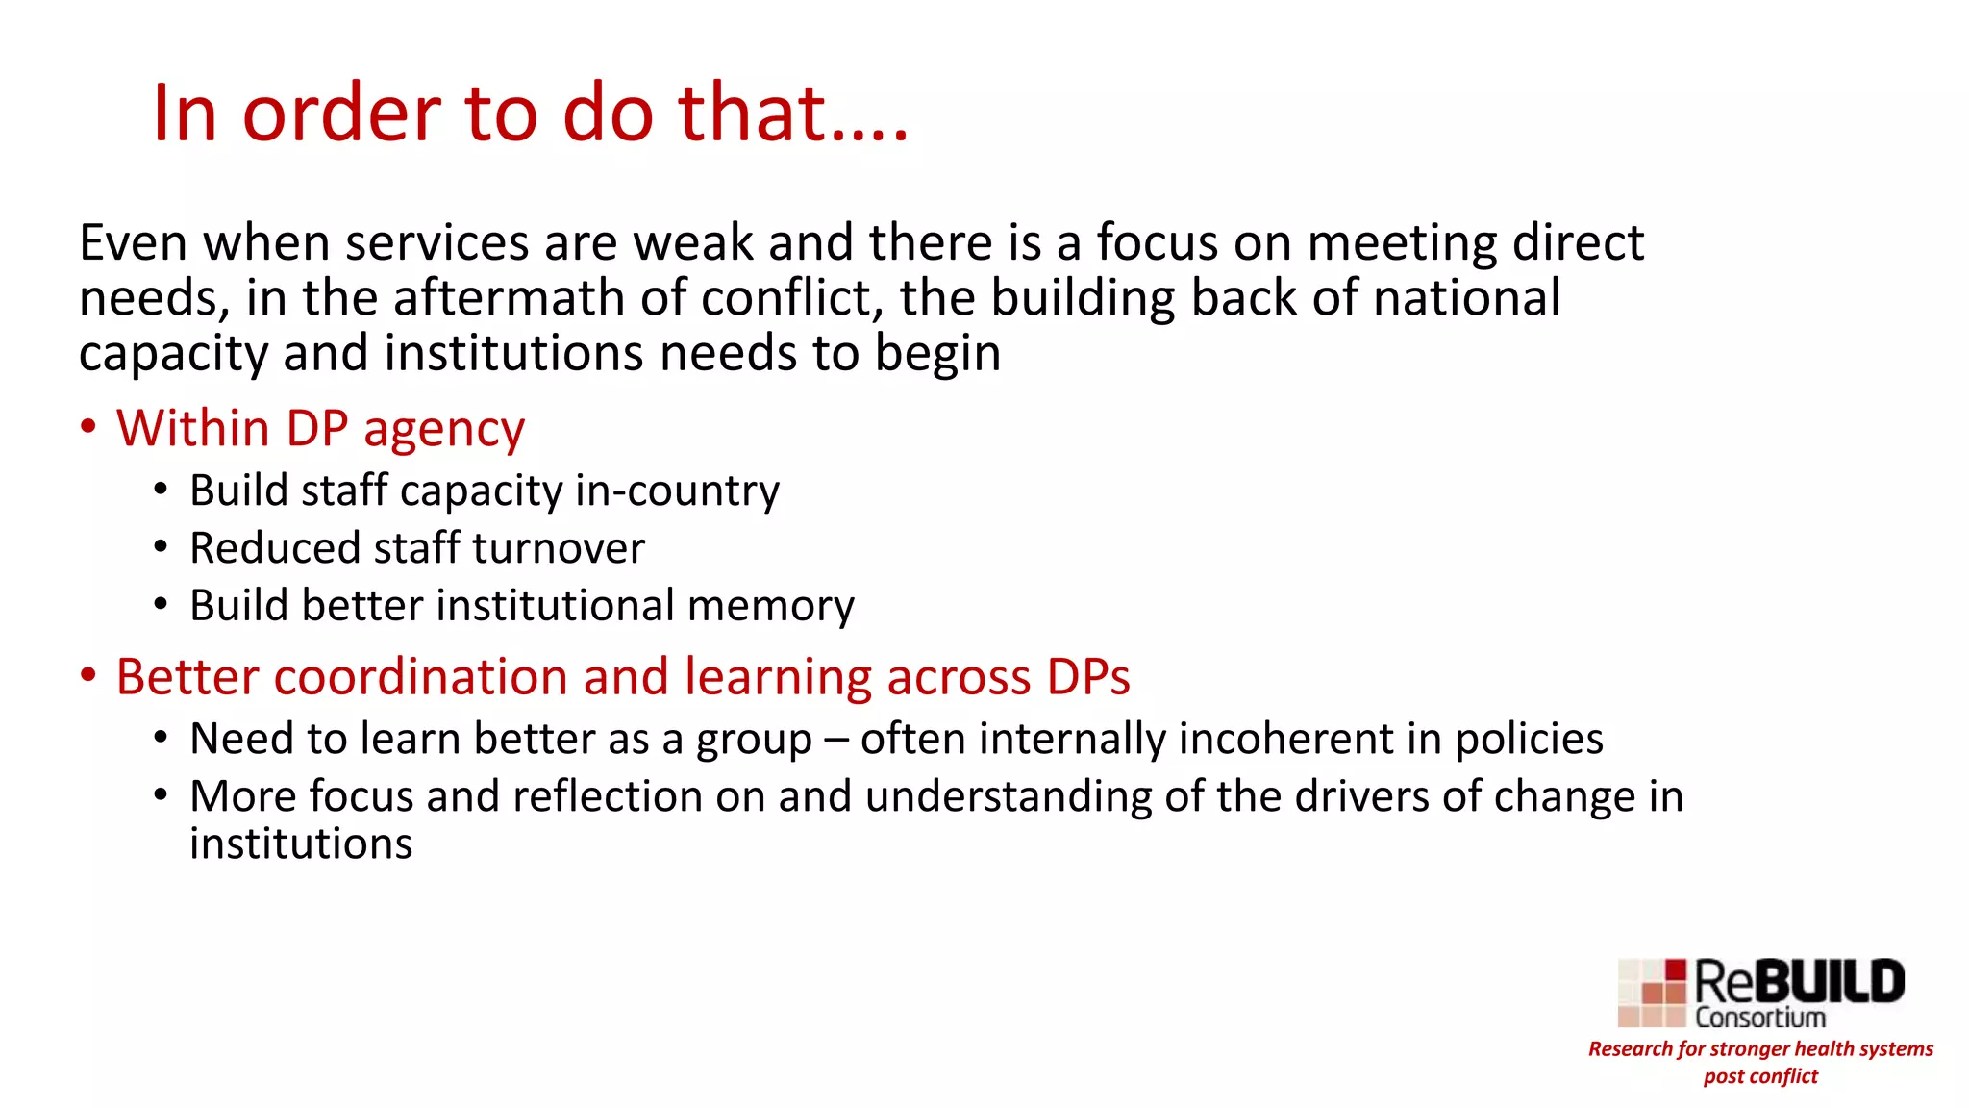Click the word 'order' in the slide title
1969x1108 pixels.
click(341, 113)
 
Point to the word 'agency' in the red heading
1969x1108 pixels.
click(444, 429)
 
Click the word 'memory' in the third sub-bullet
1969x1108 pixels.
click(770, 607)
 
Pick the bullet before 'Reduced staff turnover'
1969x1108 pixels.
click(161, 547)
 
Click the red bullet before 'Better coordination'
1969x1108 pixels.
click(88, 675)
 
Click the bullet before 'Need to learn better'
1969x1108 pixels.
click(161, 738)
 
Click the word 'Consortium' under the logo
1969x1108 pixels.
click(1759, 1018)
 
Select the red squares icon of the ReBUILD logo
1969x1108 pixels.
click(1652, 993)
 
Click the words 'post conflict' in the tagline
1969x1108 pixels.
click(1760, 1076)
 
